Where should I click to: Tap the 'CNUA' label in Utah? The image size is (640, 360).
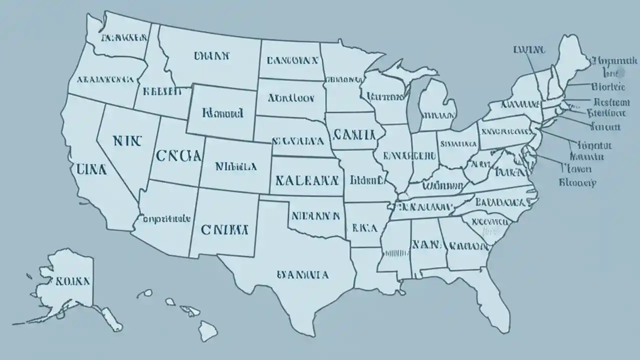point(178,155)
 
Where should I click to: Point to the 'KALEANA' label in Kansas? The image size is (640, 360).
point(306,180)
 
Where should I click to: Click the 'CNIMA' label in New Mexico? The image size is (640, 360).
point(224,230)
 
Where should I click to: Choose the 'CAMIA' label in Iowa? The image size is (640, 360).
point(353,134)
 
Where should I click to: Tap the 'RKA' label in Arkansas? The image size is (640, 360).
point(364,228)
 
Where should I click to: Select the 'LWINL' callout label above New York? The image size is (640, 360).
point(529,50)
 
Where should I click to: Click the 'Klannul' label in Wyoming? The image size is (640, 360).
point(223,113)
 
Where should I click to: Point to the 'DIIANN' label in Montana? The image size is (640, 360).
point(211,56)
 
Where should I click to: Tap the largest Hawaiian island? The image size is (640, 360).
point(207,330)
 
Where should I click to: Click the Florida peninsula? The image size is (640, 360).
point(492,295)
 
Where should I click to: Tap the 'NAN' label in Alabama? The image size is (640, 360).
point(426,245)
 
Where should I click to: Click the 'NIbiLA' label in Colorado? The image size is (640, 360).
point(236,166)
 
